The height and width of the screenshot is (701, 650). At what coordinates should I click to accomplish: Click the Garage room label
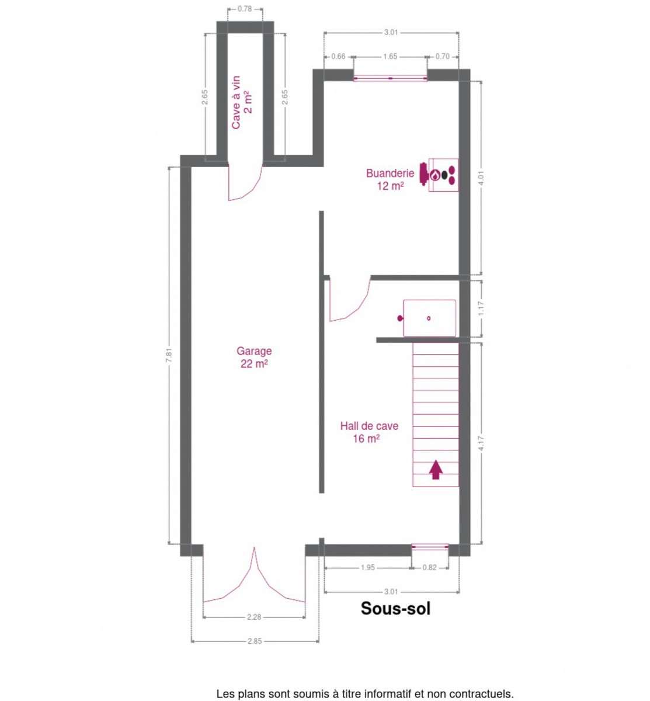click(x=253, y=357)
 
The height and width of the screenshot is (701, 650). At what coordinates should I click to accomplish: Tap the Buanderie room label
click(x=390, y=179)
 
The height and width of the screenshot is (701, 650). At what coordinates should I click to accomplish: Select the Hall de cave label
click(x=369, y=432)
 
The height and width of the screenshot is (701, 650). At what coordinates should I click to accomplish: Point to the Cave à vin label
click(x=241, y=102)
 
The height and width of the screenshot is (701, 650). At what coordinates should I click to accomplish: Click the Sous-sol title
click(x=395, y=608)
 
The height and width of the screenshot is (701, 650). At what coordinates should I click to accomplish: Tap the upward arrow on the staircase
click(x=436, y=470)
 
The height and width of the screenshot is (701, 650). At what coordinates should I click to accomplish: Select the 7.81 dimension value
click(x=169, y=355)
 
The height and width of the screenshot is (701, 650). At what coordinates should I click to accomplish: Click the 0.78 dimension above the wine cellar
click(x=245, y=9)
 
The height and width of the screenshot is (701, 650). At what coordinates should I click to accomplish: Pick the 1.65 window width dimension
click(x=390, y=57)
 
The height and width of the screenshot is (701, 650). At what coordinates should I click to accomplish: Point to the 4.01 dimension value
click(x=482, y=178)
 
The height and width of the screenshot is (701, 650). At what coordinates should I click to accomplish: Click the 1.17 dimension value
click(x=482, y=308)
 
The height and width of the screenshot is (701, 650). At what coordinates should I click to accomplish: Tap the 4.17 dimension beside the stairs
click(x=482, y=443)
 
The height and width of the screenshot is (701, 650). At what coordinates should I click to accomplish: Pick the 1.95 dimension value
click(x=368, y=568)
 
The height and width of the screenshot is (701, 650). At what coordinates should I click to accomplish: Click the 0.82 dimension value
click(x=429, y=568)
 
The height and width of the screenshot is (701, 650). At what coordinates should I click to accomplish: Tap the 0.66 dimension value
click(x=338, y=57)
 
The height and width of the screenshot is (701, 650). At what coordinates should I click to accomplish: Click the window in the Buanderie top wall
click(x=390, y=78)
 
